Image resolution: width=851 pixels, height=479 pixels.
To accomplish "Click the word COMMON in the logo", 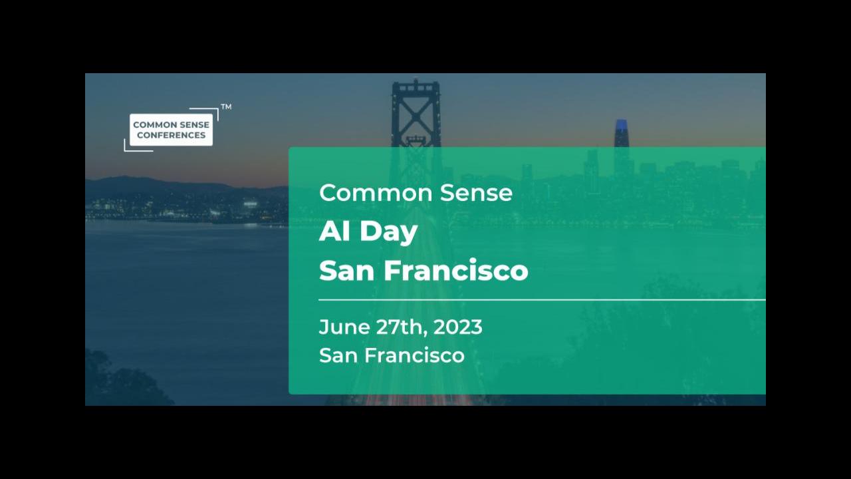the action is pyautogui.click(x=151, y=124).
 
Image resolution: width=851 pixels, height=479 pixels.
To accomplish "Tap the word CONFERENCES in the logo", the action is pyautogui.click(x=171, y=135).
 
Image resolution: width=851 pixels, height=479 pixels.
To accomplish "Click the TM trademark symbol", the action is pyautogui.click(x=227, y=107).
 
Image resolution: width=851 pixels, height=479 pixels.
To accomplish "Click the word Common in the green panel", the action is pyautogui.click(x=376, y=193).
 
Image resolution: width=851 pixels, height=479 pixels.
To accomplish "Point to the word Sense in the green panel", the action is pyautogui.click(x=477, y=193).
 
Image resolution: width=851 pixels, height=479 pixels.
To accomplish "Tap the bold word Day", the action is pyautogui.click(x=389, y=233).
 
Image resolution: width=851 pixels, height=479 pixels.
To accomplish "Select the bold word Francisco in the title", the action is pyautogui.click(x=456, y=270).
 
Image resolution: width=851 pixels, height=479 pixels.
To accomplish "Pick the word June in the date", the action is pyautogui.click(x=344, y=327).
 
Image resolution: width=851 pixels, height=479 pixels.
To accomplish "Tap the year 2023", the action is pyautogui.click(x=458, y=327).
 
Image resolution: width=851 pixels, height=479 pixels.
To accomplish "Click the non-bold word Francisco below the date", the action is pyautogui.click(x=414, y=355).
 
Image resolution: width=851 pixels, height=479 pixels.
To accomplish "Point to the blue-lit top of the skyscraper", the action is pyautogui.click(x=622, y=127).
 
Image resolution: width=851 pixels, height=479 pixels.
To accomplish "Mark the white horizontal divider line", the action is pyautogui.click(x=542, y=300).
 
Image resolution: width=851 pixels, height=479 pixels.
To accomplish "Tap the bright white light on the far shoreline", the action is pyautogui.click(x=250, y=204).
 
